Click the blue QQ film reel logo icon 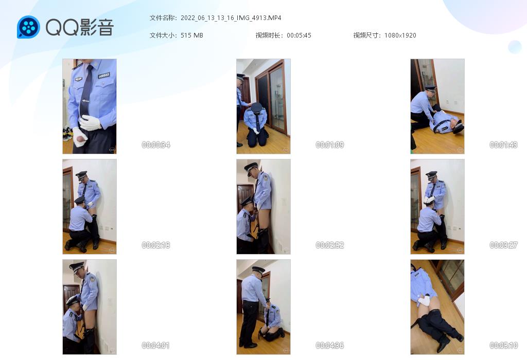tap(28, 27)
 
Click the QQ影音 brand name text tap(80, 27)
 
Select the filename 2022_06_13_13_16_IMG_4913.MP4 tap(231, 18)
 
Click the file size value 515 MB tap(192, 35)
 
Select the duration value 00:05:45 tap(299, 35)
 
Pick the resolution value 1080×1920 tap(400, 35)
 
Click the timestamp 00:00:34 tap(156, 145)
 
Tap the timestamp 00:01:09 tap(330, 145)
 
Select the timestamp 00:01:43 tap(503, 145)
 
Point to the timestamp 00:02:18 tap(156, 245)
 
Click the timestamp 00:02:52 tap(330, 245)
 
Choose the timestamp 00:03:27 tap(503, 245)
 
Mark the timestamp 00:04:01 tap(155, 345)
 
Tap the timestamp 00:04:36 tap(330, 345)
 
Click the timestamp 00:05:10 tap(503, 345)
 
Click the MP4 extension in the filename tap(275, 18)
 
